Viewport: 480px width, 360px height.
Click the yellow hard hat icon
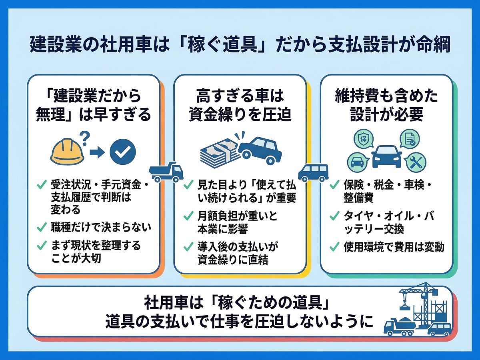[68, 153]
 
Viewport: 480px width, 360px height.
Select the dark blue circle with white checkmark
[122, 152]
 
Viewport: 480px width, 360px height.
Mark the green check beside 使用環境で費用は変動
[334, 247]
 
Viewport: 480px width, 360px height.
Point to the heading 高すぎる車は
[240, 96]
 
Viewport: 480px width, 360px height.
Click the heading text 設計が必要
[386, 115]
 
